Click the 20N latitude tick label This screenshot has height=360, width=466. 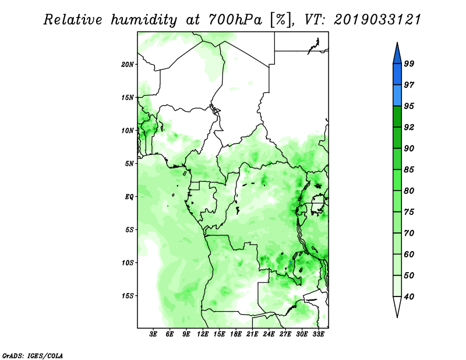tap(128, 65)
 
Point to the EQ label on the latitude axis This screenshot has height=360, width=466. tap(129, 197)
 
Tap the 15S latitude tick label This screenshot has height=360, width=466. tap(128, 296)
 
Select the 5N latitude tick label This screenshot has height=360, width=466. tap(129, 164)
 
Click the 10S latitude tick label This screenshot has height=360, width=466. tap(128, 263)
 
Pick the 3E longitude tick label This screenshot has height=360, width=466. tap(153, 334)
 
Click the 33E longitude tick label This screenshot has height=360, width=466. tap(318, 334)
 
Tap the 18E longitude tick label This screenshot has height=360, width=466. tap(236, 334)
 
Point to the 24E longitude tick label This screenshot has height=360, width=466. tap(269, 334)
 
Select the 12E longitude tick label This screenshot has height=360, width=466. tap(203, 334)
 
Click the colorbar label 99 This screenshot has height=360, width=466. tap(409, 63)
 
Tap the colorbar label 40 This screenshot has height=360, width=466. tap(409, 297)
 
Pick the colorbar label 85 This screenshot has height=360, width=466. tap(409, 170)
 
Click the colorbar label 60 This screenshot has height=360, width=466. tap(409, 255)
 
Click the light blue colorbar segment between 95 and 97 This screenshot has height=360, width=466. tap(397, 96)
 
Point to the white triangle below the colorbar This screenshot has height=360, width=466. tap(397, 306)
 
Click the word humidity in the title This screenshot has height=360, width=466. tap(144, 20)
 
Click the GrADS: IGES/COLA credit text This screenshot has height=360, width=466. tap(33, 355)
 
